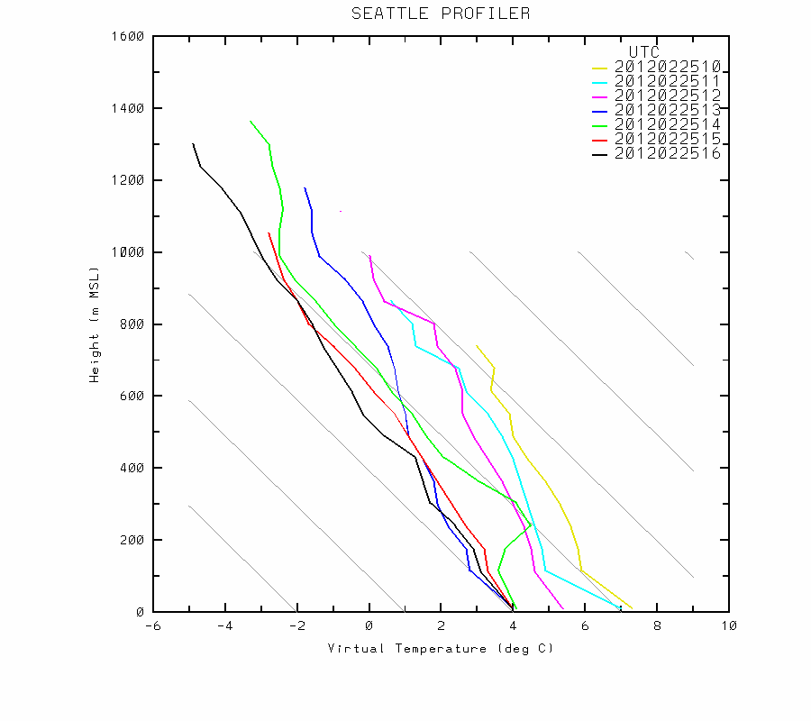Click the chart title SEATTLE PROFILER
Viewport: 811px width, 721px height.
[x=441, y=14]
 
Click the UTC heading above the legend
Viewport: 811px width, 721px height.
[x=643, y=52]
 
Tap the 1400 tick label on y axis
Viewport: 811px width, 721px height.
[x=129, y=108]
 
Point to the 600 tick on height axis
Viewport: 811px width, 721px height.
[x=132, y=396]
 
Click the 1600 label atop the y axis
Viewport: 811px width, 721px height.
[x=129, y=36]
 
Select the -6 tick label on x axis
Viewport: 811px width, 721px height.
[x=153, y=626]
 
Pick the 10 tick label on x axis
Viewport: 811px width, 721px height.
[x=729, y=626]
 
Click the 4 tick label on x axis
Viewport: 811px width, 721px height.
[x=514, y=626]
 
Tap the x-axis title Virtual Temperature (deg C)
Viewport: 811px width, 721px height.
[x=441, y=649]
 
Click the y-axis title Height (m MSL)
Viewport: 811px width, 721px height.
[x=94, y=324]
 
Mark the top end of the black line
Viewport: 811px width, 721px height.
[x=193, y=143]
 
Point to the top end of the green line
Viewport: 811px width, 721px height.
[x=251, y=121]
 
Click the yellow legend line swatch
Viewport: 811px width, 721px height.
[x=601, y=68]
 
